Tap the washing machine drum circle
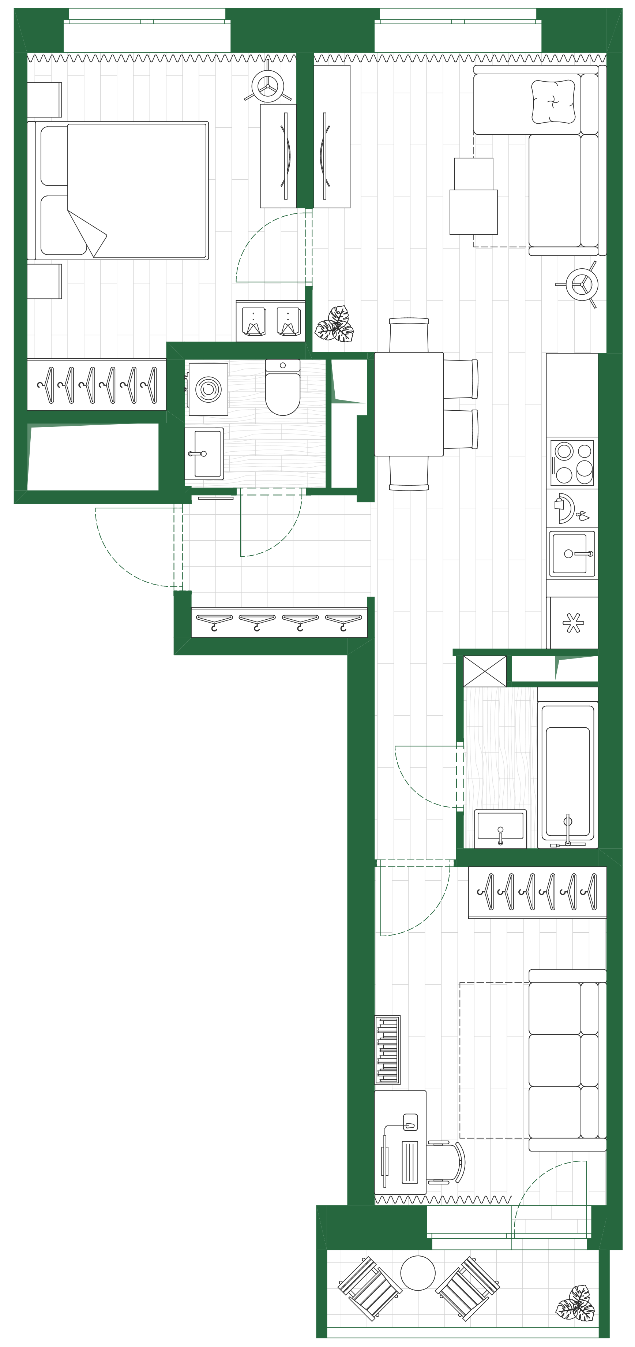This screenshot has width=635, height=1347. point(208,389)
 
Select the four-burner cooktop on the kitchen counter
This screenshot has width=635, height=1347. point(573,463)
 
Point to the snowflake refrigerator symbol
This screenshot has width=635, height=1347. point(573,623)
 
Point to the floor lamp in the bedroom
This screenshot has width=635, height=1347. point(268,86)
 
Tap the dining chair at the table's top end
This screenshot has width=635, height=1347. point(409,335)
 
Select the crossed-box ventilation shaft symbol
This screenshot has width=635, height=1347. point(485,671)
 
